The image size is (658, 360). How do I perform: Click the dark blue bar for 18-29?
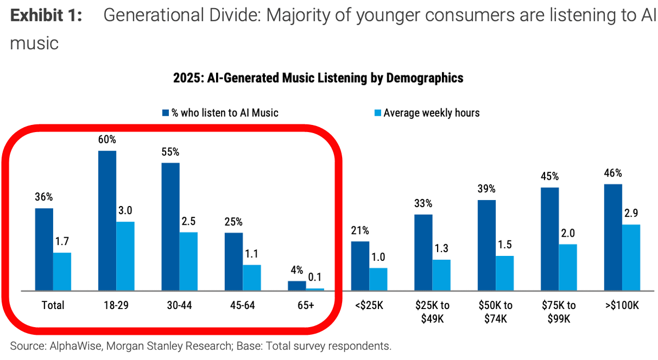click(x=107, y=220)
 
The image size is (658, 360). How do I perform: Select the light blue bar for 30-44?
click(x=189, y=261)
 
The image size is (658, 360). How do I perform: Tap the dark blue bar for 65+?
click(x=297, y=285)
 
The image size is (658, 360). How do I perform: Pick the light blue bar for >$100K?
click(x=631, y=257)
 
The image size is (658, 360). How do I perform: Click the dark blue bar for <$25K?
click(x=360, y=266)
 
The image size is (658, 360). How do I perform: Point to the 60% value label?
click(x=107, y=140)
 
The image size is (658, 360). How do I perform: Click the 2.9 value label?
click(x=631, y=214)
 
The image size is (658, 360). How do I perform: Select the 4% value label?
click(x=296, y=271)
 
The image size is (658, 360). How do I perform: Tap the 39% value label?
click(x=486, y=189)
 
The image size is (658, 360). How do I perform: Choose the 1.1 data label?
click(x=252, y=254)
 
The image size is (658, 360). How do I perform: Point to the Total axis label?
click(x=53, y=305)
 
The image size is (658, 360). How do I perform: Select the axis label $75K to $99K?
click(x=559, y=312)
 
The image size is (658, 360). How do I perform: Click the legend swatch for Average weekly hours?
click(x=377, y=113)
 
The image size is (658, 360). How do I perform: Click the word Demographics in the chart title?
click(x=425, y=78)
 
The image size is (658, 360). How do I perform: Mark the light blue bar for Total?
click(x=62, y=271)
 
